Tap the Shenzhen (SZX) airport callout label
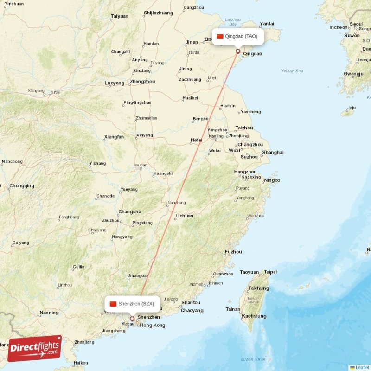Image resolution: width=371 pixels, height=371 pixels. pyautogui.click(x=132, y=304)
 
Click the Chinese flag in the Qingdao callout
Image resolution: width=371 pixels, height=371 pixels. pyautogui.click(x=220, y=37)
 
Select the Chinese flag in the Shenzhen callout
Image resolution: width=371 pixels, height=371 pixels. pyautogui.click(x=113, y=304)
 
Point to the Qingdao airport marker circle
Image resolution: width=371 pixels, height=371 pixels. pyautogui.click(x=238, y=51)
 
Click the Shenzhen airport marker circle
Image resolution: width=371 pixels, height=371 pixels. pyautogui.click(x=132, y=319)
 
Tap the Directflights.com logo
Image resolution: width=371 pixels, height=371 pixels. pyautogui.click(x=35, y=348)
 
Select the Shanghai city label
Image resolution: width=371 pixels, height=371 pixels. pyautogui.click(x=273, y=153)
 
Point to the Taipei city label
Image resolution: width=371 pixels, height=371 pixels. pyautogui.click(x=270, y=272)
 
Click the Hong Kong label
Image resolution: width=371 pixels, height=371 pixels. pyautogui.click(x=152, y=325)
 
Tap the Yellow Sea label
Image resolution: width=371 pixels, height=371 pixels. pyautogui.click(x=292, y=71)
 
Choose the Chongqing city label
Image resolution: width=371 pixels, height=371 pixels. pyautogui.click(x=22, y=186)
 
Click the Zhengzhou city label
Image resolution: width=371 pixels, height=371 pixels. pyautogui.click(x=142, y=82)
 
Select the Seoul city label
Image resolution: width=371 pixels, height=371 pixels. pyautogui.click(x=356, y=24)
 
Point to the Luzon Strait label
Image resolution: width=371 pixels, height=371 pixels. pyautogui.click(x=253, y=359)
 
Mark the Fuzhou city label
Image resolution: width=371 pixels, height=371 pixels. pyautogui.click(x=233, y=252)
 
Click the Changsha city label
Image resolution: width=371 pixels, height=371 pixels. pyautogui.click(x=129, y=212)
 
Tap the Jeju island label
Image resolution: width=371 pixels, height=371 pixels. pyautogui.click(x=352, y=108)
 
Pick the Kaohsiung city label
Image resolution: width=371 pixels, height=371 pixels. pyautogui.click(x=254, y=316)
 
